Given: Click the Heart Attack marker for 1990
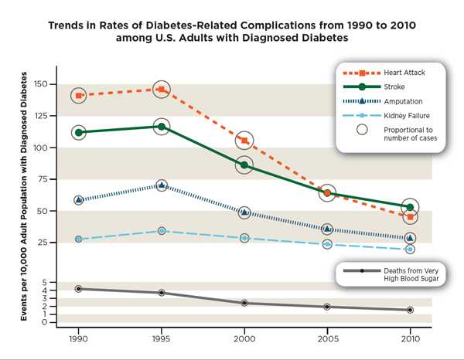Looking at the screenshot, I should click(x=78, y=96).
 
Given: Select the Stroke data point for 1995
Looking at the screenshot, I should click(x=161, y=127).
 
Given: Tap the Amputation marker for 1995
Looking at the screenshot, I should click(x=161, y=185).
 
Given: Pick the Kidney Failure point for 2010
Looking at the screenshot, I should click(x=410, y=250).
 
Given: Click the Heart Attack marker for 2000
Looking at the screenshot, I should click(x=244, y=141).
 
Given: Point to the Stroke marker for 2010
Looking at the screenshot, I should click(x=410, y=207).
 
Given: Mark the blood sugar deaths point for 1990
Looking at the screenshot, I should click(x=78, y=289).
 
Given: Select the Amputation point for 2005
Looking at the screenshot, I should click(x=327, y=229).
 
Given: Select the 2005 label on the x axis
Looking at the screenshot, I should click(x=327, y=339).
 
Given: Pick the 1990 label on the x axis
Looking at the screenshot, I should click(x=78, y=339).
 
